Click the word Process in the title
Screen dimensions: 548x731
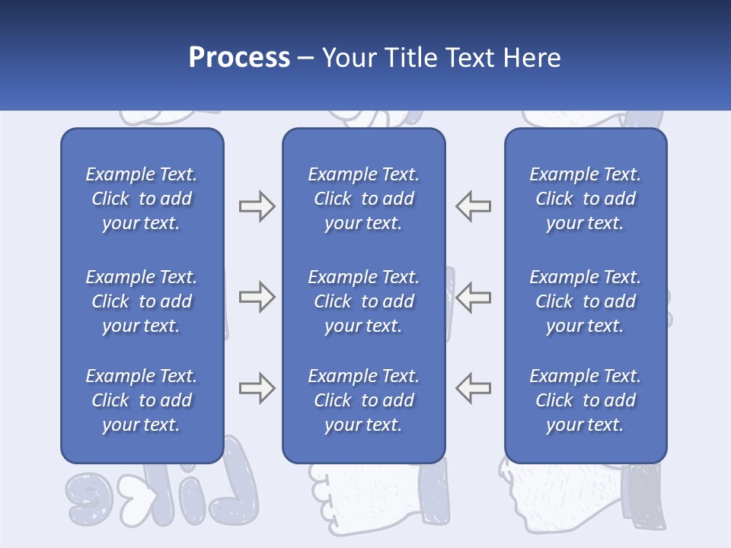click(x=239, y=57)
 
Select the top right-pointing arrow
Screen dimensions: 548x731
click(x=257, y=206)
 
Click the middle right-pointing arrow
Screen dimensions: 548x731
click(x=257, y=297)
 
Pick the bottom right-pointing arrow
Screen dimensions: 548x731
click(x=257, y=388)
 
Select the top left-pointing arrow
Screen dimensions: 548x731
click(x=473, y=206)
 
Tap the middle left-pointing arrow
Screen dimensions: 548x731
click(x=473, y=297)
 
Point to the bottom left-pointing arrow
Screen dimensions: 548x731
click(x=473, y=388)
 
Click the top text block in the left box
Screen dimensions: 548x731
click(x=142, y=199)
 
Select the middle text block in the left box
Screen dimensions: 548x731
click(x=142, y=301)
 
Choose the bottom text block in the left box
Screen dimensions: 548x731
click(x=142, y=400)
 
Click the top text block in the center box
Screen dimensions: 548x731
click(x=363, y=199)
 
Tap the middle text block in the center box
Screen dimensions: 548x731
click(x=363, y=301)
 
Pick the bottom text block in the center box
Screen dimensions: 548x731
click(x=363, y=400)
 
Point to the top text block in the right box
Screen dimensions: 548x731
click(x=586, y=199)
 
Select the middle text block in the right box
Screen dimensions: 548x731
click(x=586, y=301)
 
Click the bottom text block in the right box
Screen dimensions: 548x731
click(x=586, y=400)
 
